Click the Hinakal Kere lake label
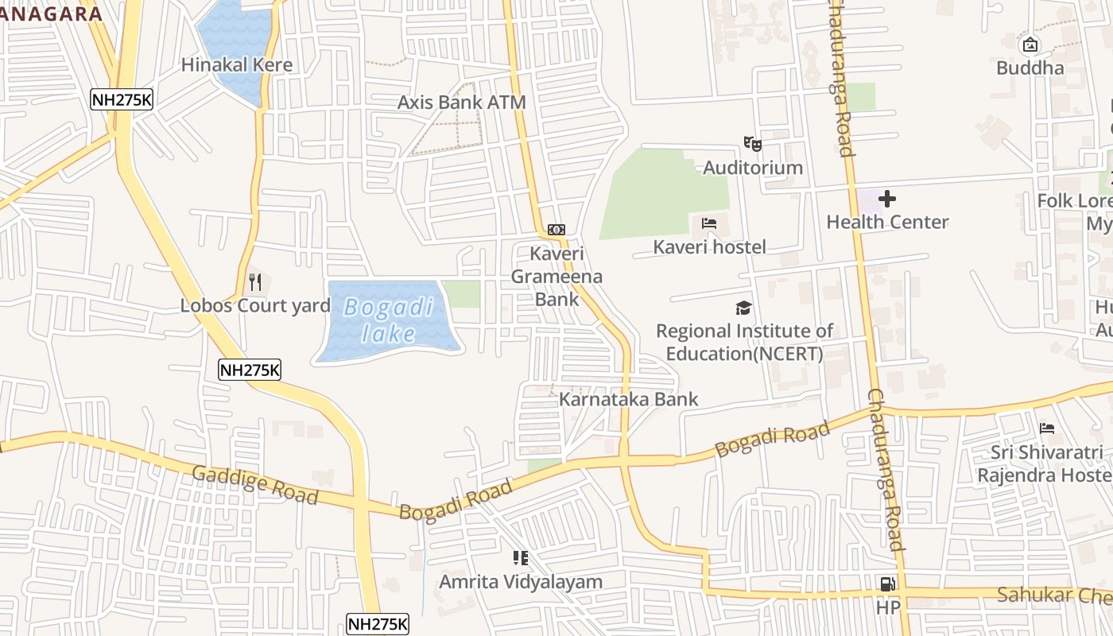[x=237, y=65]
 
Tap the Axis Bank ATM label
[x=461, y=103]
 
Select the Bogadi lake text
[x=389, y=320]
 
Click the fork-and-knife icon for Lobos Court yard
[x=254, y=282]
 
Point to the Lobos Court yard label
[x=255, y=305]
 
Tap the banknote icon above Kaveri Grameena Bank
[x=556, y=230]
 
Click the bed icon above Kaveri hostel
[x=709, y=223]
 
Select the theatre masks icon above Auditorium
[x=752, y=144]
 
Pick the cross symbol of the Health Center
[x=887, y=198]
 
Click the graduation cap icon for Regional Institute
[x=743, y=308]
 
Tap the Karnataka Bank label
[x=628, y=399]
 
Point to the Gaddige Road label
[x=255, y=484]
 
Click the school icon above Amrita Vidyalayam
[x=521, y=558]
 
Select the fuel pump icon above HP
[x=887, y=584]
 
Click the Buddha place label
[x=1030, y=68]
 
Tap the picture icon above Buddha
[x=1030, y=45]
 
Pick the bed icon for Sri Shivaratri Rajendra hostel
[x=1047, y=429]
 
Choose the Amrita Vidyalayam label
[x=521, y=582]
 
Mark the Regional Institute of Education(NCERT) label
[x=744, y=342]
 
